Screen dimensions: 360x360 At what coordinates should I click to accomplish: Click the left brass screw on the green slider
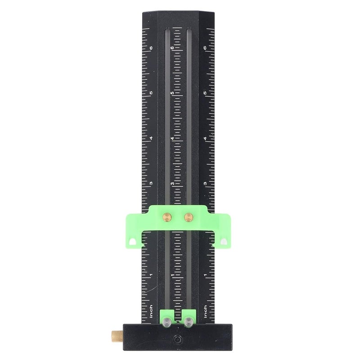[x=166, y=217]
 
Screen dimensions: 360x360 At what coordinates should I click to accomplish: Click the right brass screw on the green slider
[x=188, y=217]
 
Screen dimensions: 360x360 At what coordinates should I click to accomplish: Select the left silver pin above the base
[x=166, y=321]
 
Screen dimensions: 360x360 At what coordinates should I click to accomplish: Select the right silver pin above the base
[x=188, y=321]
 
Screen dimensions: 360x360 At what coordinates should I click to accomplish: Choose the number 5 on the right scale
[x=205, y=93]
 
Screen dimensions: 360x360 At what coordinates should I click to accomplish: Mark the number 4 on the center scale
[x=172, y=138]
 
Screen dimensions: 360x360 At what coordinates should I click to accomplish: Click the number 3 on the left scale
[x=151, y=183]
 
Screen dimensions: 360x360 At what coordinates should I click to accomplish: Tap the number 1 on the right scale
[x=205, y=274]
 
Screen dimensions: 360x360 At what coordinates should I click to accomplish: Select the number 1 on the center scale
[x=172, y=274]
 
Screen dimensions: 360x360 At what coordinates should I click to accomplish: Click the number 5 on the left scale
[x=151, y=93]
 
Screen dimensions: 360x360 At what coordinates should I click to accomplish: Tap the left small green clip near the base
[x=166, y=313]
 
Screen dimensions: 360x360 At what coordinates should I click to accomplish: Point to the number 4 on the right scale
[x=205, y=138]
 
